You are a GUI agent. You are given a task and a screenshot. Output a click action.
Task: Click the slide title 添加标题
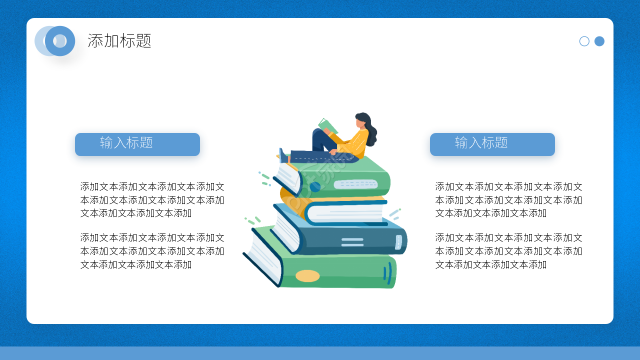tap(119, 41)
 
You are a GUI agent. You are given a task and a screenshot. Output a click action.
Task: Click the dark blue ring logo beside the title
tap(60, 41)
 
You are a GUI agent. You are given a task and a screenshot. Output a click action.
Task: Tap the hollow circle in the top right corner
tap(584, 41)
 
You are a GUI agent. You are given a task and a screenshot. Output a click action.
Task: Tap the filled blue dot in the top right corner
tap(599, 41)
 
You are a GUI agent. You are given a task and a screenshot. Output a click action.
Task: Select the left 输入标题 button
tap(137, 144)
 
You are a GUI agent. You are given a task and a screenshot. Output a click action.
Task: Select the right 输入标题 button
tap(492, 144)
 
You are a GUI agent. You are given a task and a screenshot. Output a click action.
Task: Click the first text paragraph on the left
tap(152, 200)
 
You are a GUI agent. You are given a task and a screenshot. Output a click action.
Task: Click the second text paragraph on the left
tap(152, 251)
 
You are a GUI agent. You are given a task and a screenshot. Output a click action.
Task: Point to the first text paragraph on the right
tap(508, 200)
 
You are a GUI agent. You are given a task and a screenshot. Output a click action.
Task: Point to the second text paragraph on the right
tap(508, 251)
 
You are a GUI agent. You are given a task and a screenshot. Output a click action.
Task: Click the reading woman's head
tap(363, 121)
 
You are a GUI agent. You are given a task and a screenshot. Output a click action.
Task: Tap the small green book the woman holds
tap(327, 126)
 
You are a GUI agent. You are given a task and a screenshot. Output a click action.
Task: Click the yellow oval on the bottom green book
tap(307, 276)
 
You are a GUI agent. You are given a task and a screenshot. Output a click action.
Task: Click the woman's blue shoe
tap(283, 156)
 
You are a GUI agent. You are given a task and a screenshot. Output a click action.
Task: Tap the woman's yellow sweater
tap(356, 142)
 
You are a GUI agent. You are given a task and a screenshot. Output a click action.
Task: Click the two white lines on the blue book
tap(352, 242)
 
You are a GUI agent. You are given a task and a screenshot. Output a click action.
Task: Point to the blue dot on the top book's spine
tap(315, 187)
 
